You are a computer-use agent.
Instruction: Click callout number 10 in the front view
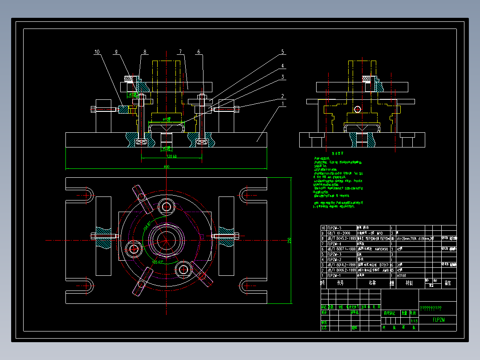coord(97,52)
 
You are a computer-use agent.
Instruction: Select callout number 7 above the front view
coord(180,52)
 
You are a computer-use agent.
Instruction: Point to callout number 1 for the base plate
coord(282,104)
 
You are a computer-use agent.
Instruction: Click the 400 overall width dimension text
coord(166,167)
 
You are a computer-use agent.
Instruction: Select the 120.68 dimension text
coord(171,156)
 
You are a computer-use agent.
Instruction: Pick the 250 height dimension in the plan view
coord(289,240)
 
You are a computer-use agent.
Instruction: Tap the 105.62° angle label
coord(158,262)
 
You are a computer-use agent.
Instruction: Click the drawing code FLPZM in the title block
coord(439,319)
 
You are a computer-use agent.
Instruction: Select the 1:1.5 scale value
coord(414,320)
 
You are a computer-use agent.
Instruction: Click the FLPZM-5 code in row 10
coord(334,228)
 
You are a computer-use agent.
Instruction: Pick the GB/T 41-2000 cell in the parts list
coord(339,233)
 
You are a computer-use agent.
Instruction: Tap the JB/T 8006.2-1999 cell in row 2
coord(341,270)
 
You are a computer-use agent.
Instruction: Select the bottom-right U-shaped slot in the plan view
coord(245,286)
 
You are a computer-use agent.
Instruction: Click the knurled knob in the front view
coord(130,79)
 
